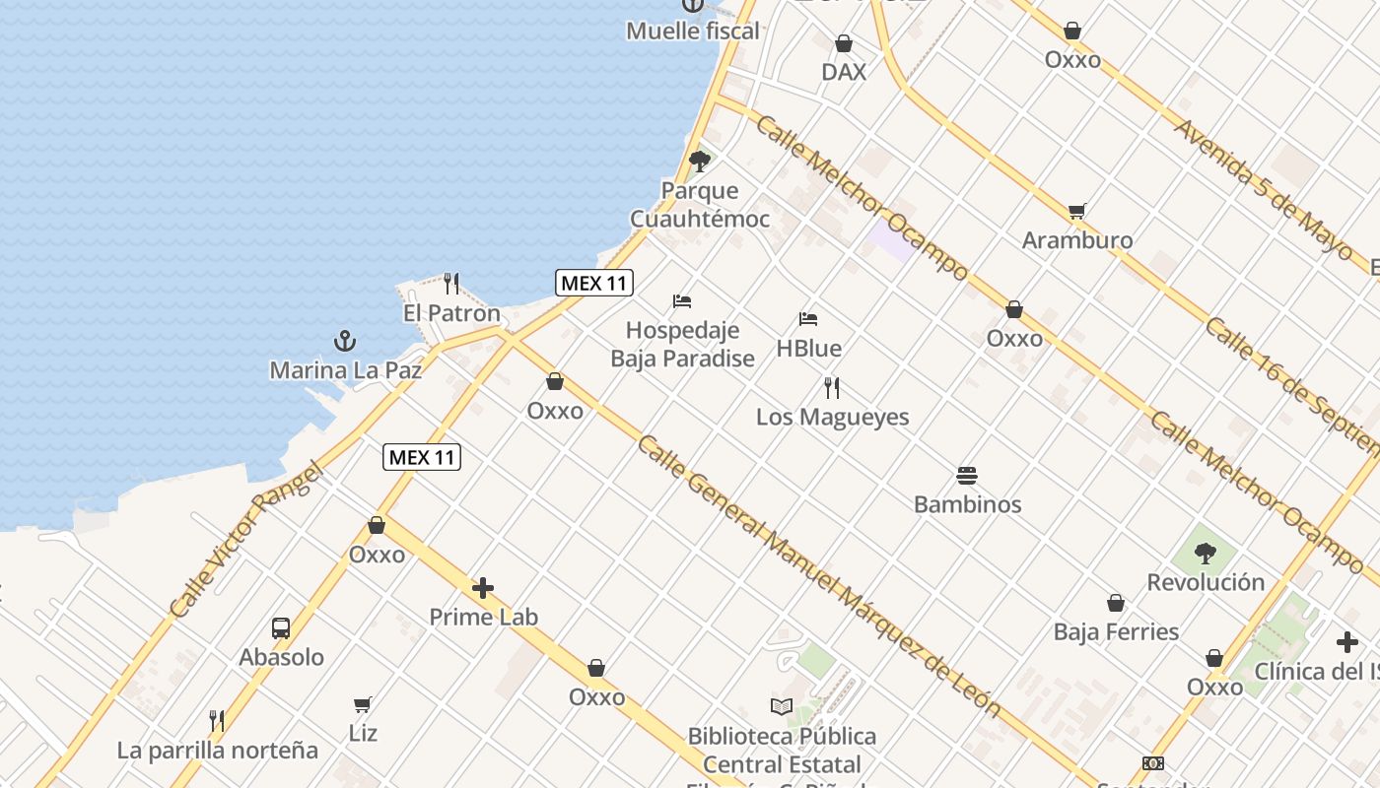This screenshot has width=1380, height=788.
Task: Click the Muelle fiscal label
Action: (693, 32)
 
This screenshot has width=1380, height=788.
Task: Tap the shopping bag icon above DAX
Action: (844, 43)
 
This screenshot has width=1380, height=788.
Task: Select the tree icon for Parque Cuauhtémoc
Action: (700, 162)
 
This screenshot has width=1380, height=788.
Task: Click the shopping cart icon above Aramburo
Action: (1077, 211)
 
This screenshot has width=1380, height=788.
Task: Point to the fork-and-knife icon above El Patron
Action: (451, 284)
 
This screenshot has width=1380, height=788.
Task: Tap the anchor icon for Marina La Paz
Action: (345, 342)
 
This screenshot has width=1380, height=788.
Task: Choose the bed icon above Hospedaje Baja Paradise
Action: (682, 300)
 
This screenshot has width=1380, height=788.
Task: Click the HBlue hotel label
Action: (808, 349)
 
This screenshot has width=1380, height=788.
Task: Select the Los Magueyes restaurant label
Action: (832, 417)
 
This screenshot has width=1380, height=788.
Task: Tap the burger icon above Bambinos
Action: (967, 476)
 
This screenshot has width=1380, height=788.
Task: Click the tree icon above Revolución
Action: (1205, 553)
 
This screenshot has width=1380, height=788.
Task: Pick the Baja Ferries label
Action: (1116, 631)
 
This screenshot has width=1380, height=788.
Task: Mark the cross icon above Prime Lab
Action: (483, 589)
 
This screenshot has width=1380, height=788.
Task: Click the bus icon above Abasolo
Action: (281, 627)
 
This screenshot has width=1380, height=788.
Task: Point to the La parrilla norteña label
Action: (218, 751)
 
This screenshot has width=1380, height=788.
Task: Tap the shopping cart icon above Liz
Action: (363, 704)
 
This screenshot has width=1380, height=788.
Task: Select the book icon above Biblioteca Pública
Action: (782, 706)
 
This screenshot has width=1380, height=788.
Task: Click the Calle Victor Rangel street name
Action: (246, 540)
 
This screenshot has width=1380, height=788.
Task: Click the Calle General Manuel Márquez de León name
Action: (818, 575)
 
